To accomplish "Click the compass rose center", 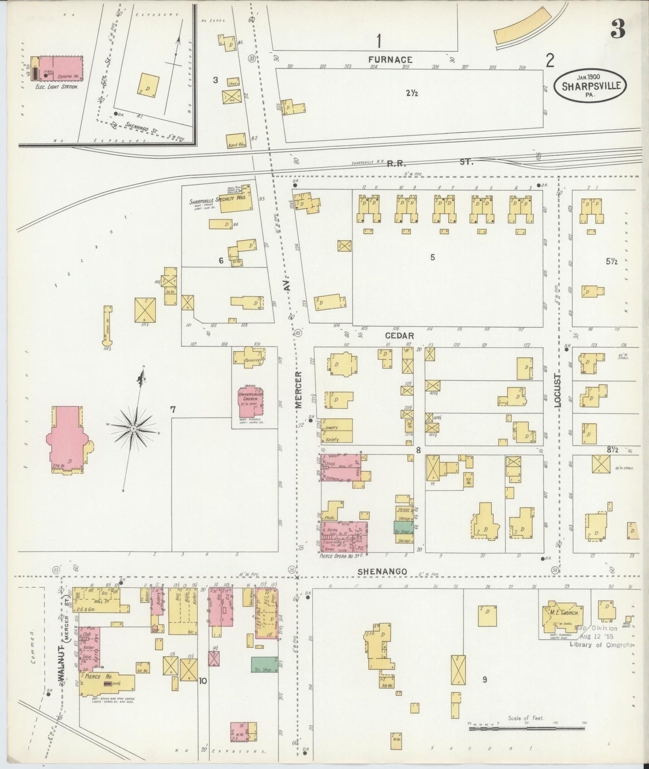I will click(x=133, y=429).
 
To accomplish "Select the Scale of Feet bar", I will click(x=526, y=729).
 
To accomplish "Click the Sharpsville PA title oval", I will click(x=591, y=84).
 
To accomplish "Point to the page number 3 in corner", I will click(x=618, y=30).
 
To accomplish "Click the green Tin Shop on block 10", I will click(x=264, y=664).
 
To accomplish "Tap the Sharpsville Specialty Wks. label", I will click(x=218, y=199).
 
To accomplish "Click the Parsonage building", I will click(x=248, y=358).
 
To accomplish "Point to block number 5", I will click(x=432, y=258).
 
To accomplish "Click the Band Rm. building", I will click(x=236, y=141).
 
